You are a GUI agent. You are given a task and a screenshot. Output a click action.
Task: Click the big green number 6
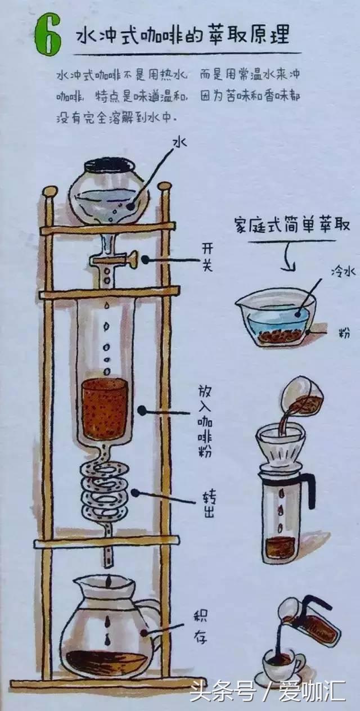(48, 35)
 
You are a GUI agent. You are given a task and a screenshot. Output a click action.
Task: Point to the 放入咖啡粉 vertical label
(205, 421)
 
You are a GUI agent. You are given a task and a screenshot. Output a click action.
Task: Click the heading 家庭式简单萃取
(292, 225)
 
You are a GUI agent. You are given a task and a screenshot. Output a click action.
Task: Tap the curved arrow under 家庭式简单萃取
(287, 257)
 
